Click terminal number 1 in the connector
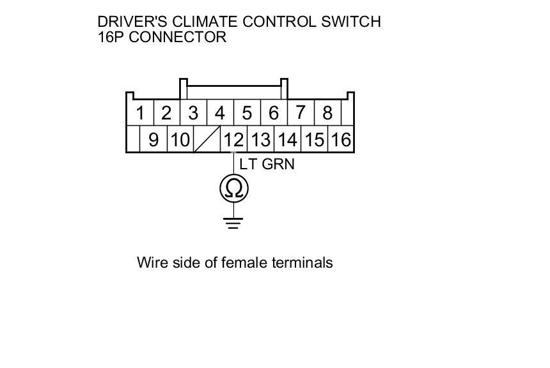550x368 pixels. [x=140, y=114]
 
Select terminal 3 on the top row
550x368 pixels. [x=192, y=114]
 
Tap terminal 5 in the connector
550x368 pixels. [x=246, y=114]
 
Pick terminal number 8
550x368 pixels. [x=327, y=113]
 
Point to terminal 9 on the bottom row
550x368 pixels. [x=153, y=139]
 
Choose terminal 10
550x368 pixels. [x=180, y=139]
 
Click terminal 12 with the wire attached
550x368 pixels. [x=233, y=139]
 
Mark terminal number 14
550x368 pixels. [x=287, y=139]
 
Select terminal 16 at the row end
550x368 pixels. [x=341, y=139]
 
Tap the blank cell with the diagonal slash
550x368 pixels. [x=207, y=139]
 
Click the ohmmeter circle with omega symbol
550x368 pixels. [x=233, y=188]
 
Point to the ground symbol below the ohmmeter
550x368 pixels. [x=233, y=223]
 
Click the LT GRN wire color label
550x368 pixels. [x=267, y=164]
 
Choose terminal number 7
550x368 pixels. [x=300, y=113]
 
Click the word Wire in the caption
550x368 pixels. [x=152, y=263]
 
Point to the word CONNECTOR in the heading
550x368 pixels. [x=178, y=37]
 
